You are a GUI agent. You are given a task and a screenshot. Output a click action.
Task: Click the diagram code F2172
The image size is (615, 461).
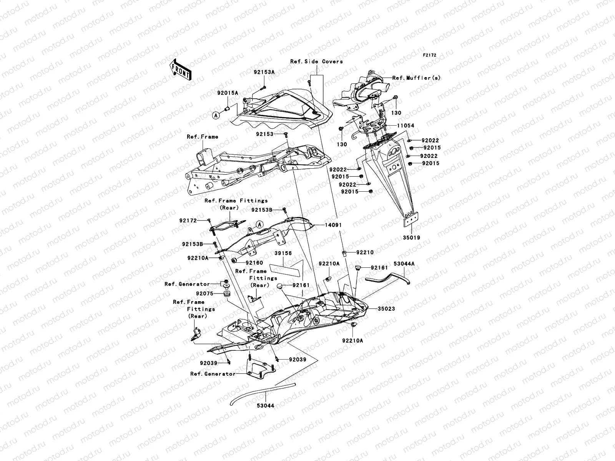[430, 55]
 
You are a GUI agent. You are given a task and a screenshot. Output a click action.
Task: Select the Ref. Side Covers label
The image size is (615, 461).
[316, 61]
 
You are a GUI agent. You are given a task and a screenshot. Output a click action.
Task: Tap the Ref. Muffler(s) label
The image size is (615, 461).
[417, 78]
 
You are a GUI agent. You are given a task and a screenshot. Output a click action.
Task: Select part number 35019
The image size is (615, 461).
[412, 237]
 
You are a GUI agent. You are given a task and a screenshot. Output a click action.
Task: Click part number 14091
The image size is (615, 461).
[333, 225]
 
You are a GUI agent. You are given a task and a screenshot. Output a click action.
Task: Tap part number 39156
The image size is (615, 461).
[283, 254]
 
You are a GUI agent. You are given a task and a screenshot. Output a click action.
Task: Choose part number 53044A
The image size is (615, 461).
[404, 264]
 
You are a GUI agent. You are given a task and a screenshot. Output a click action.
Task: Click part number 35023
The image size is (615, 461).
[386, 308]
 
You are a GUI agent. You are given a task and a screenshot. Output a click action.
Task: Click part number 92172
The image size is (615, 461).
[188, 221]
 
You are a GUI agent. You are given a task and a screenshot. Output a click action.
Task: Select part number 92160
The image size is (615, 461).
[254, 263]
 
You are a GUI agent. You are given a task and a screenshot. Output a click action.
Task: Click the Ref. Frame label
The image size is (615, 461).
[203, 137]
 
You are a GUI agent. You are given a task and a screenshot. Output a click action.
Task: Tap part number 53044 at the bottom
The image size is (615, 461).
[266, 405]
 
